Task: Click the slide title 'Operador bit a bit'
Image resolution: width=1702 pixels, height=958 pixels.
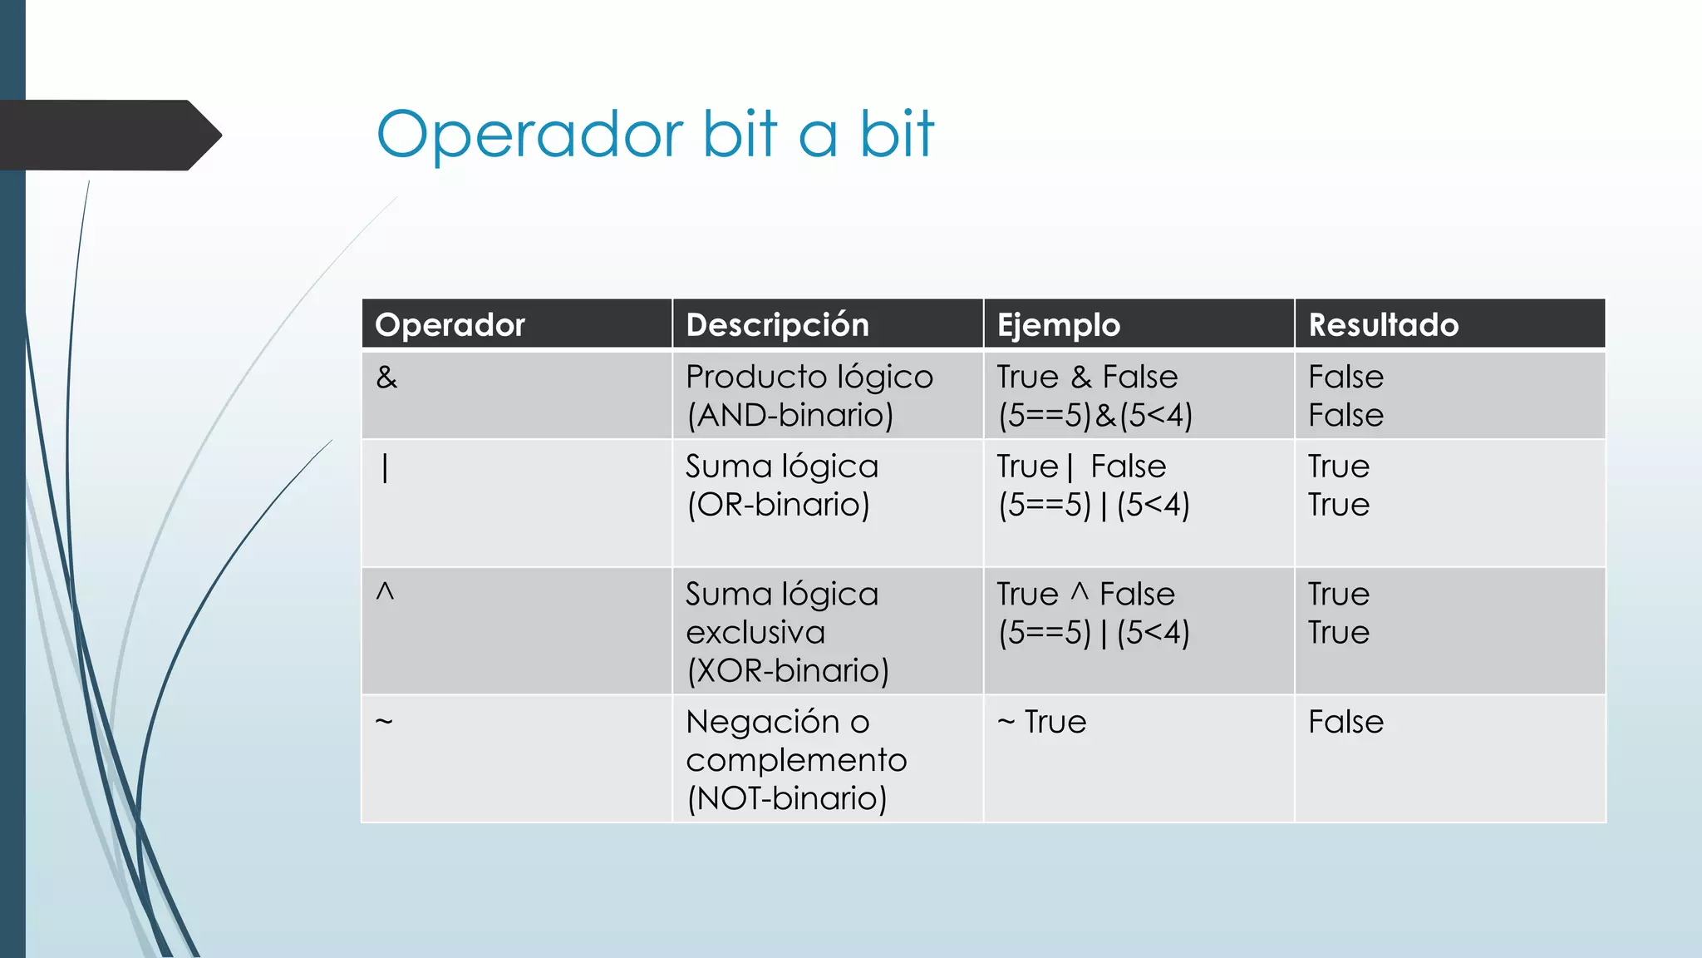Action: click(x=655, y=134)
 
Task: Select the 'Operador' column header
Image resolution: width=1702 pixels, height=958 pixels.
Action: click(x=450, y=324)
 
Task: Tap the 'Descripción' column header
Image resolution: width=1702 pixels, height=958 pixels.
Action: click(x=777, y=324)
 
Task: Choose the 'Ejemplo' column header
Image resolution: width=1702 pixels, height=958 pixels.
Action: click(x=1058, y=324)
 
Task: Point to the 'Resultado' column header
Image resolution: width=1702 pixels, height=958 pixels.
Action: click(x=1383, y=324)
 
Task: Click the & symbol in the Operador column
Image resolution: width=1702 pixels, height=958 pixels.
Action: click(x=386, y=378)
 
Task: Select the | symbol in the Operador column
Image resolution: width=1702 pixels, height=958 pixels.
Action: click(x=385, y=468)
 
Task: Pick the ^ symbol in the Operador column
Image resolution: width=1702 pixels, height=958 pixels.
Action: click(x=385, y=592)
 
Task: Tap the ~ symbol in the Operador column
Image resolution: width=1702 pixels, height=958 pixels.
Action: click(x=383, y=721)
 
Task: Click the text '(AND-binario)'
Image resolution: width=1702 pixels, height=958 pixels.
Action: click(x=790, y=415)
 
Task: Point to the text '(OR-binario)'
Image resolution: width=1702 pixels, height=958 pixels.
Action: click(x=778, y=504)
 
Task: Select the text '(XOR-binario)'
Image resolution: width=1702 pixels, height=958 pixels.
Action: click(x=787, y=670)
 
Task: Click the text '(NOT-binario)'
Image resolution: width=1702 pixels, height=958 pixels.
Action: click(x=786, y=798)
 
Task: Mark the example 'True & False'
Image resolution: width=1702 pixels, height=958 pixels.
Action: click(x=1087, y=378)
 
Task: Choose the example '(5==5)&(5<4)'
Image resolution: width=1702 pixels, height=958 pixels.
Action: click(x=1095, y=415)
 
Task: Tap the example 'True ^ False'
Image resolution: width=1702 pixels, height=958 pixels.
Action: click(x=1085, y=595)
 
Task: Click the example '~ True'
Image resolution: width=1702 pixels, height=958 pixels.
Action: click(x=1041, y=722)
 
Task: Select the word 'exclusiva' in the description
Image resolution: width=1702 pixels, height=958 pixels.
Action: click(x=755, y=633)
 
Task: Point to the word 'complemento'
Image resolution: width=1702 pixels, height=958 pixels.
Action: click(x=796, y=760)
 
